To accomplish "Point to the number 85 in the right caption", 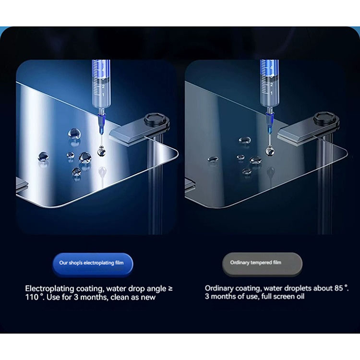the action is point(339,288).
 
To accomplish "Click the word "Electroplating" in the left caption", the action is point(49,289).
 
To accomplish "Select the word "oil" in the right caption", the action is point(300,297).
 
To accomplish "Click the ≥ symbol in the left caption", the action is point(170,288).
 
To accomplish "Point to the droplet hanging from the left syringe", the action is point(101,152).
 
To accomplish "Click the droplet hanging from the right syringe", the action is point(270,151).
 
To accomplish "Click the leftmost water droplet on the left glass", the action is point(43,156).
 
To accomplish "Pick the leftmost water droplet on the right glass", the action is point(213,159).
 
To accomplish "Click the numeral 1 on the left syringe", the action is point(103,95).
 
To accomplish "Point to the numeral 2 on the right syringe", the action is point(272,84).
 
